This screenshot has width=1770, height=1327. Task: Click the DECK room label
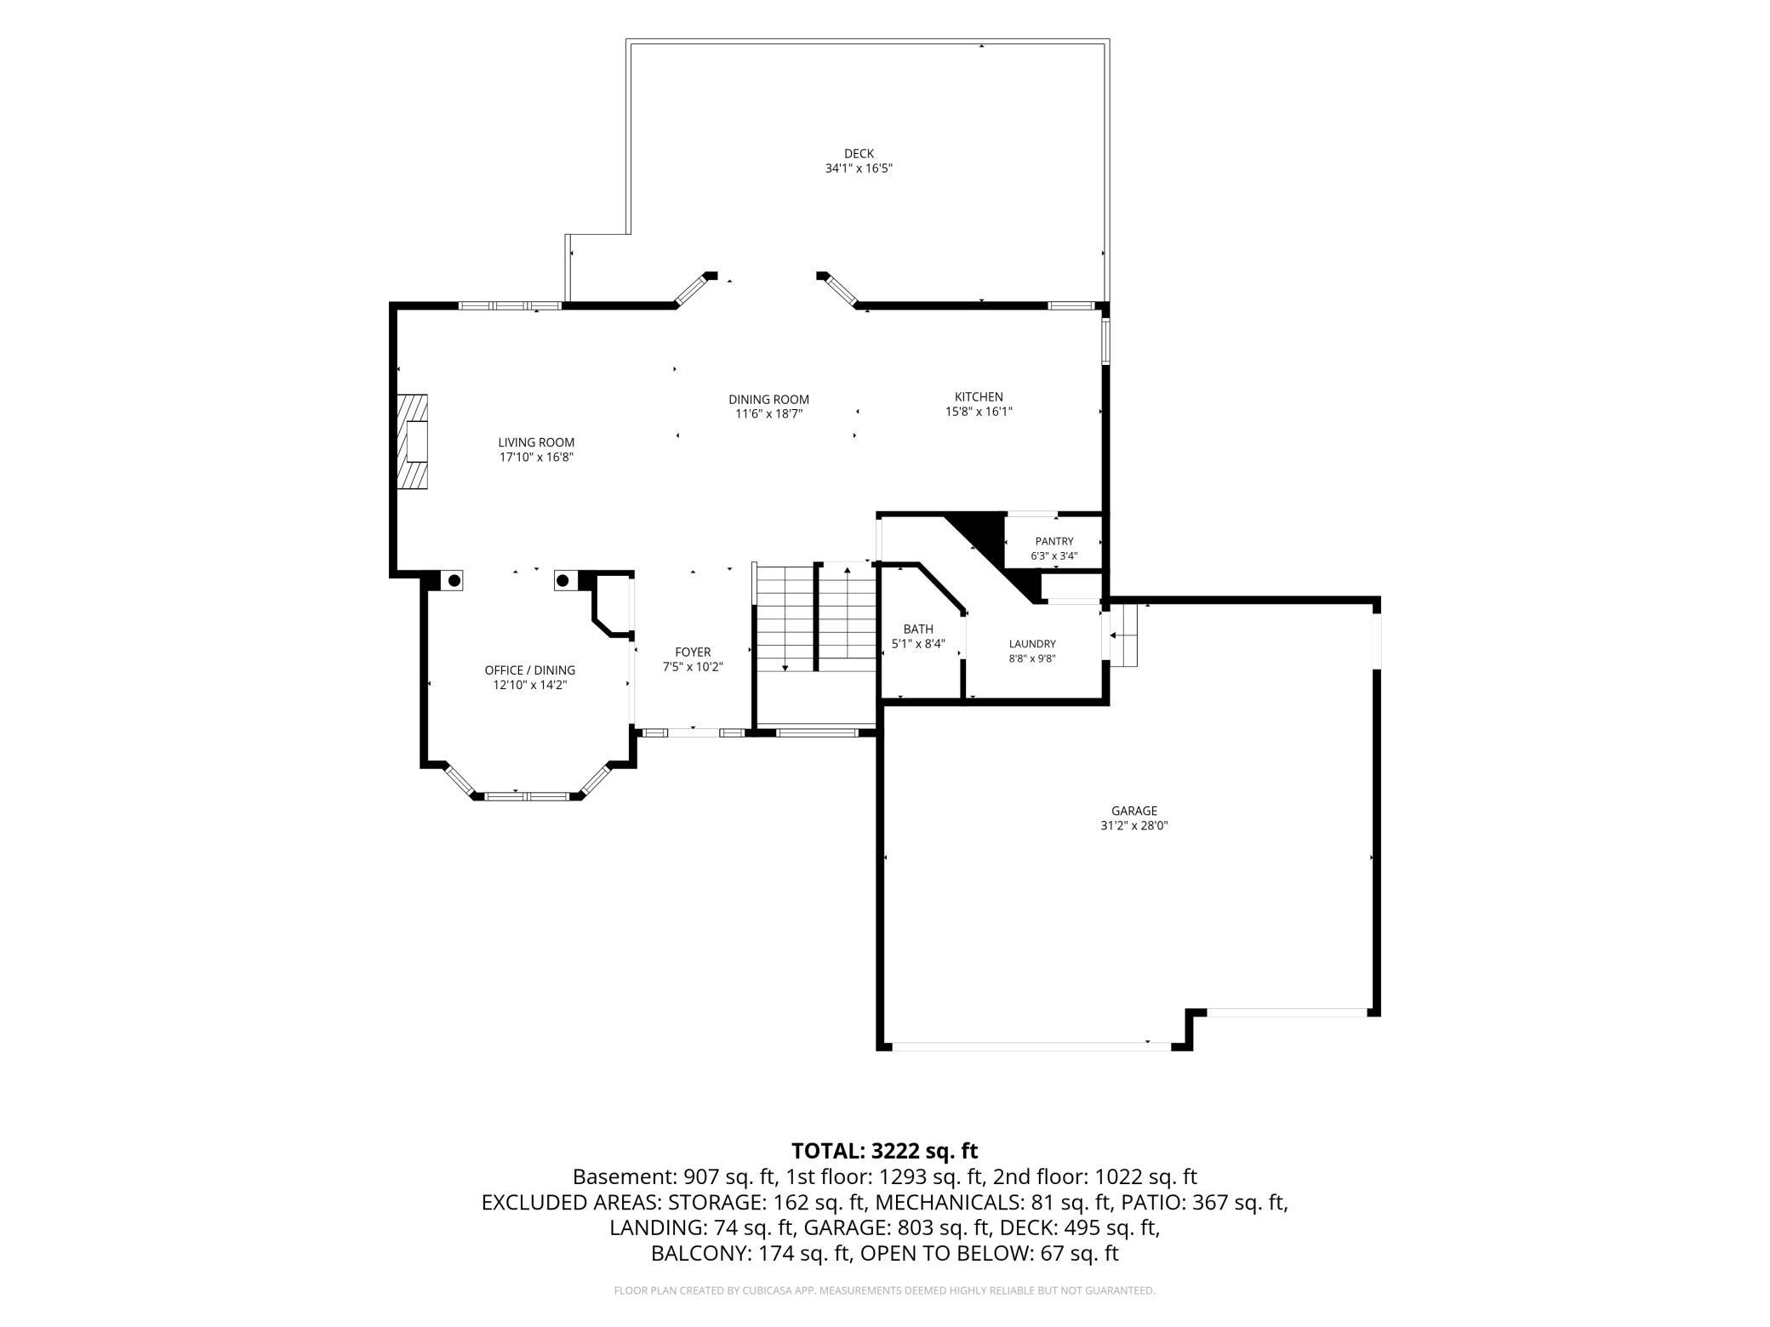(859, 154)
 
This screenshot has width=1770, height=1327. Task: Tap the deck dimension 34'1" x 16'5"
(859, 168)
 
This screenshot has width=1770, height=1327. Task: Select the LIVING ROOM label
(536, 442)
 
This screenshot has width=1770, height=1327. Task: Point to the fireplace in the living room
(413, 441)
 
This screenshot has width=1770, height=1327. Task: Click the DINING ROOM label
(769, 400)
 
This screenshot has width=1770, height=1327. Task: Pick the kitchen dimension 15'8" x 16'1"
(979, 412)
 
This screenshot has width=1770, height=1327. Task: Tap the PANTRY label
(1054, 542)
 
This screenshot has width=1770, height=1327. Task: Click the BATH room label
(918, 629)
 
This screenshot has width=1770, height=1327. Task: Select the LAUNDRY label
(1032, 644)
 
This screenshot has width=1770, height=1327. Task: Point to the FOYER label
(693, 652)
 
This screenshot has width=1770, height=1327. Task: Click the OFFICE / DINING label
(530, 670)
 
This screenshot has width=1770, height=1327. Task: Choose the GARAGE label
(1134, 811)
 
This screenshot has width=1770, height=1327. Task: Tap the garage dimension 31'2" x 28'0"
(1134, 825)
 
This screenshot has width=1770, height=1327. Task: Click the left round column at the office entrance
(454, 580)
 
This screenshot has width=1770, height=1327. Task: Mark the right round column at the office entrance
(562, 580)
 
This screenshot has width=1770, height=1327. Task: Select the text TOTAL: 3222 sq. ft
(885, 1151)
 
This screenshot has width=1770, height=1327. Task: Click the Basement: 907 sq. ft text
(676, 1177)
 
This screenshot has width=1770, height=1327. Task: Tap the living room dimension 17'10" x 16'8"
(536, 457)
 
